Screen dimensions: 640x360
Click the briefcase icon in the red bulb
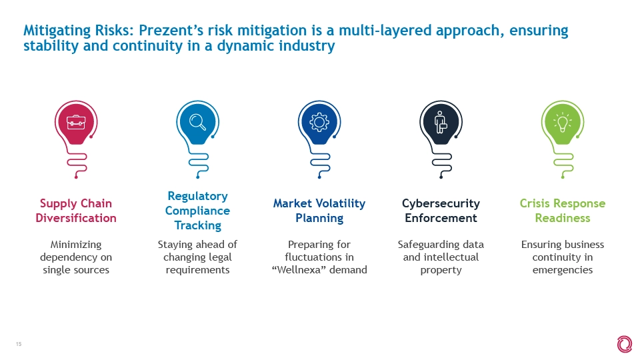pyautogui.click(x=76, y=122)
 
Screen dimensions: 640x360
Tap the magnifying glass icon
pyautogui.click(x=197, y=122)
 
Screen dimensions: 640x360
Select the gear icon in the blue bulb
pyautogui.click(x=319, y=122)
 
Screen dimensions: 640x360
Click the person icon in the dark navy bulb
pyautogui.click(x=441, y=122)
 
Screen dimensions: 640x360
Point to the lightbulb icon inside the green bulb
pyautogui.click(x=563, y=122)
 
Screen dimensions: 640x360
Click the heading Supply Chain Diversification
pyautogui.click(x=76, y=211)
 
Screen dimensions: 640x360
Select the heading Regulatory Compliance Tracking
pyautogui.click(x=197, y=211)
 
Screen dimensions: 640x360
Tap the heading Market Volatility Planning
pyautogui.click(x=319, y=211)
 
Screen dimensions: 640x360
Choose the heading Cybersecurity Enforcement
pyautogui.click(x=441, y=211)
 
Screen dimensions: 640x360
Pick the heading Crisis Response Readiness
pyautogui.click(x=563, y=211)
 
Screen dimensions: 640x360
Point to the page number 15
pyautogui.click(x=19, y=344)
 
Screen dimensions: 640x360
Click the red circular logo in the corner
pyautogui.click(x=625, y=345)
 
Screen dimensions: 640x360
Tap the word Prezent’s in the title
pyautogui.click(x=171, y=31)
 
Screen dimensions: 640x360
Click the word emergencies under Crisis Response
pyautogui.click(x=563, y=270)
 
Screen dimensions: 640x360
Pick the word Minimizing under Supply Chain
pyautogui.click(x=76, y=245)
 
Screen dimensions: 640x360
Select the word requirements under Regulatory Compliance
pyautogui.click(x=197, y=270)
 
